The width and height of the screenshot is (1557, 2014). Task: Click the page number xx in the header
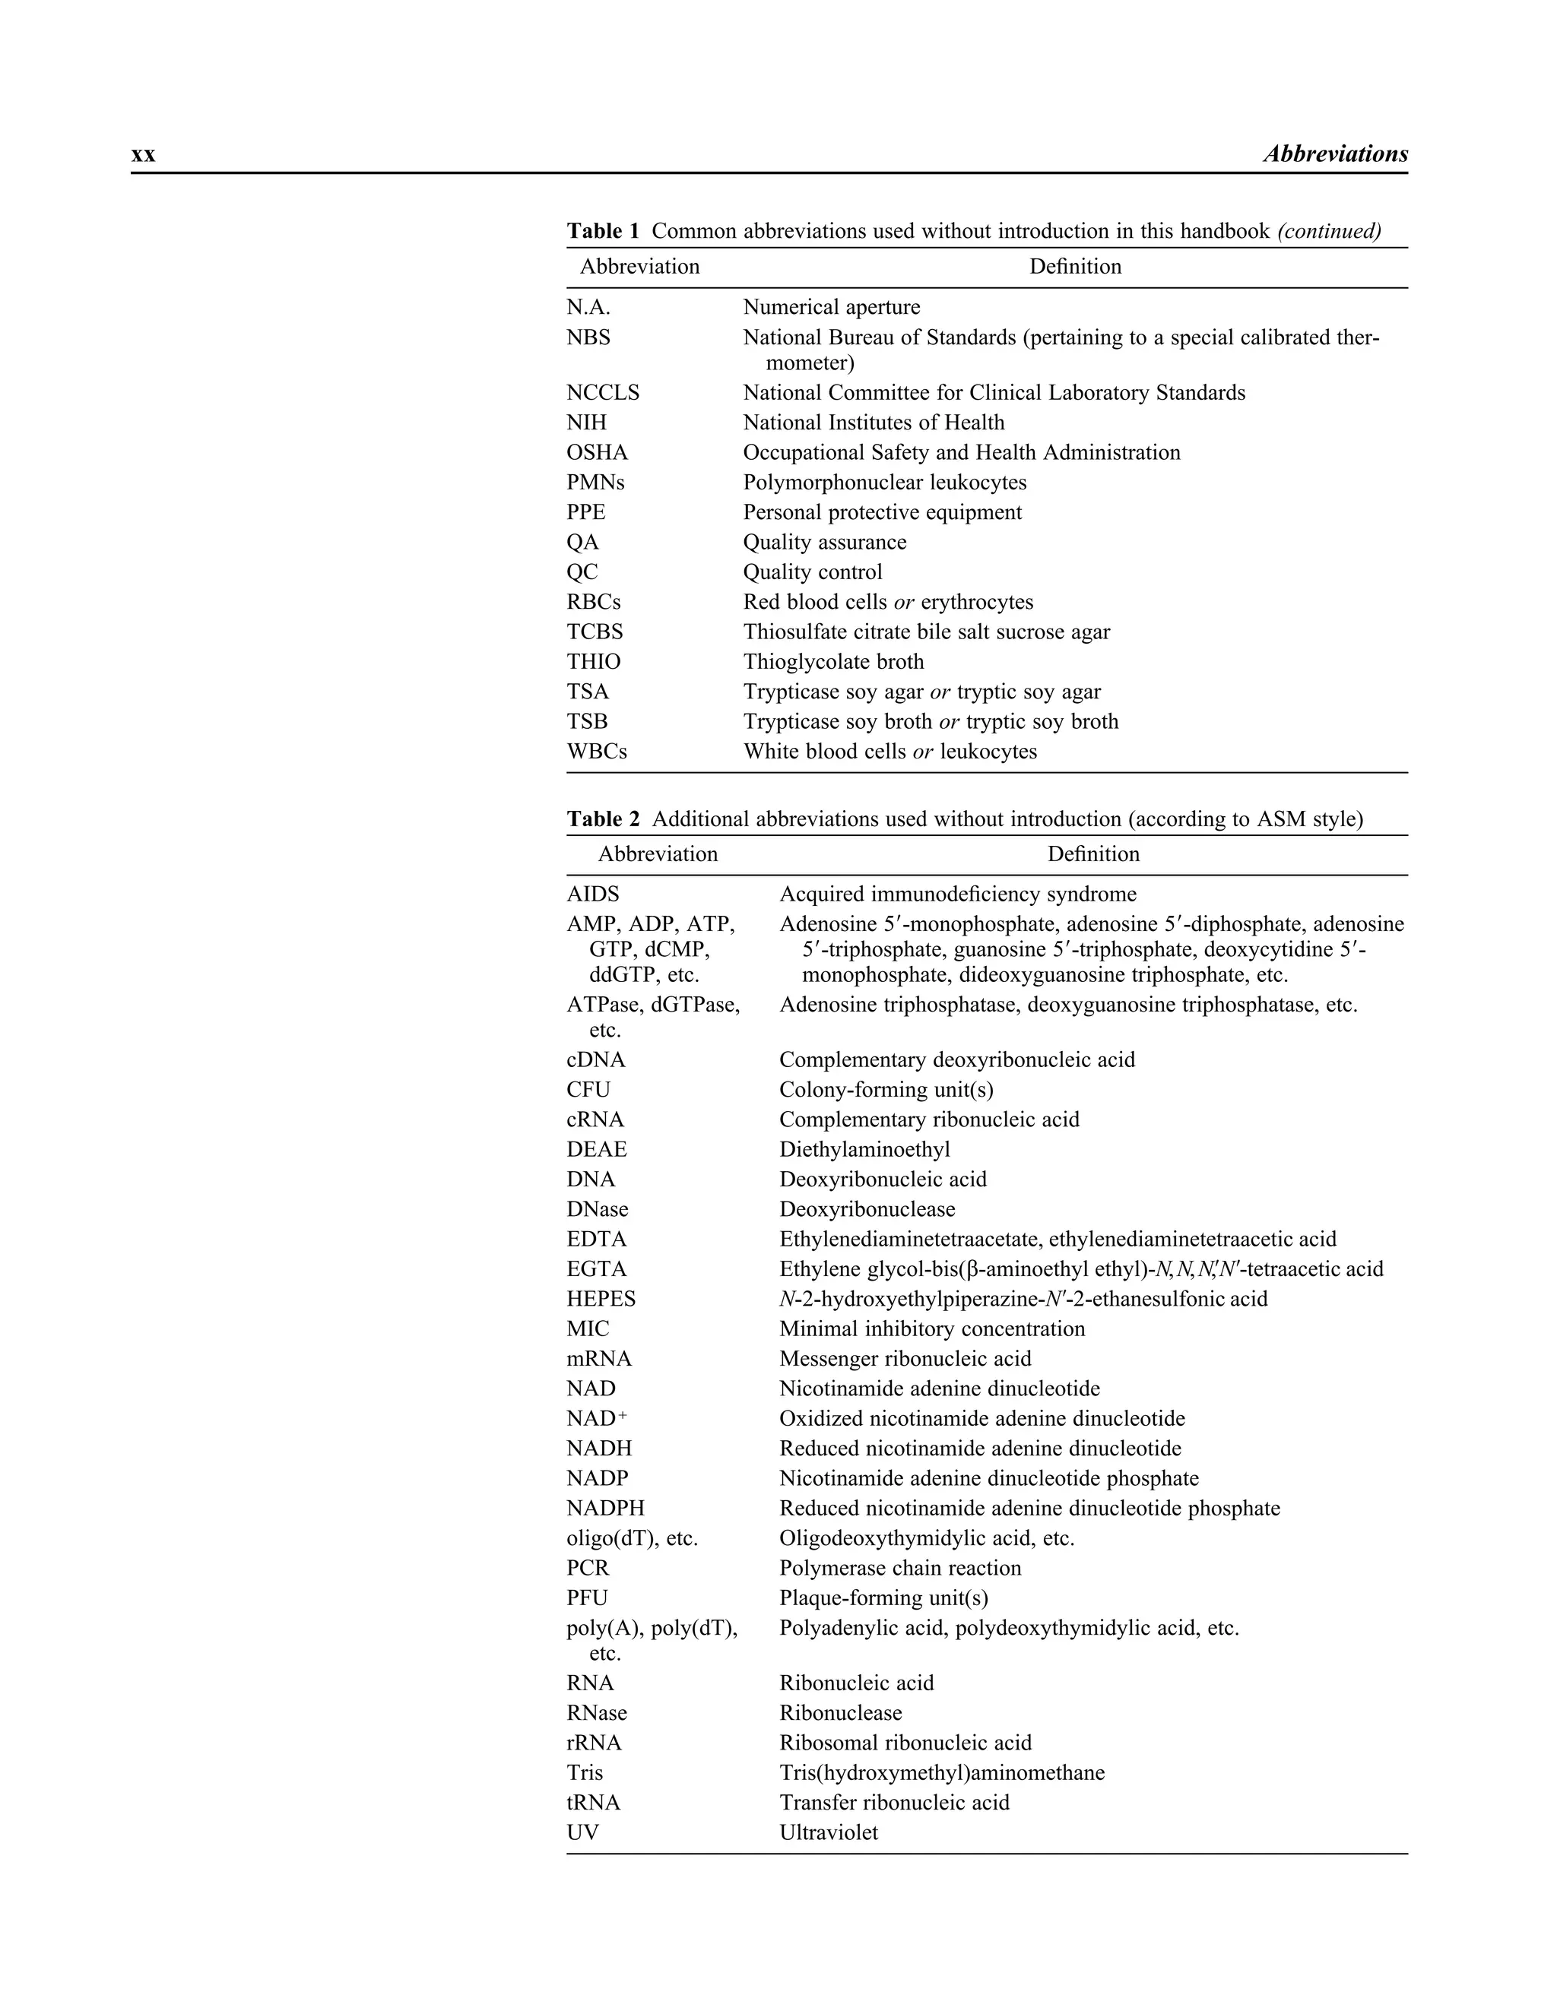coord(143,155)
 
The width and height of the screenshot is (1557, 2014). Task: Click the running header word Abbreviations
coord(1335,154)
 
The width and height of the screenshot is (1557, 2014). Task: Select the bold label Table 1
coord(602,230)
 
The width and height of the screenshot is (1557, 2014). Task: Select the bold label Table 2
coord(602,819)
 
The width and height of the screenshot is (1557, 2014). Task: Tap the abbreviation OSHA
coord(597,453)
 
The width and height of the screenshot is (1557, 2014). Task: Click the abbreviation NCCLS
coord(602,393)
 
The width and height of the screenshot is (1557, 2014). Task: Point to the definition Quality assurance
coord(825,542)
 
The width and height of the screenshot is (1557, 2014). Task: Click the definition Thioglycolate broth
coord(833,662)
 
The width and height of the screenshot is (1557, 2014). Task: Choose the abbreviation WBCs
coord(596,752)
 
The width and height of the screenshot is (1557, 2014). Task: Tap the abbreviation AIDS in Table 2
coord(592,895)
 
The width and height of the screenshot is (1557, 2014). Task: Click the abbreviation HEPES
coord(601,1300)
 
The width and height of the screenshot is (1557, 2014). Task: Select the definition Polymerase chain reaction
coord(900,1569)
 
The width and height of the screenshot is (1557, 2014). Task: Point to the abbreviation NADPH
coord(605,1509)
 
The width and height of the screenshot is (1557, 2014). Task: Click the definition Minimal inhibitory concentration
coord(931,1328)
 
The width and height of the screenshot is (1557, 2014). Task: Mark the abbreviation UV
coord(582,1833)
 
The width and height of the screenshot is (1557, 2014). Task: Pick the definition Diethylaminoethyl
coord(864,1150)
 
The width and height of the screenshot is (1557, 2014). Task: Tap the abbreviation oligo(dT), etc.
coord(632,1538)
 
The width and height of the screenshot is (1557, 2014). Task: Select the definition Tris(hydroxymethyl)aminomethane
coord(942,1773)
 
